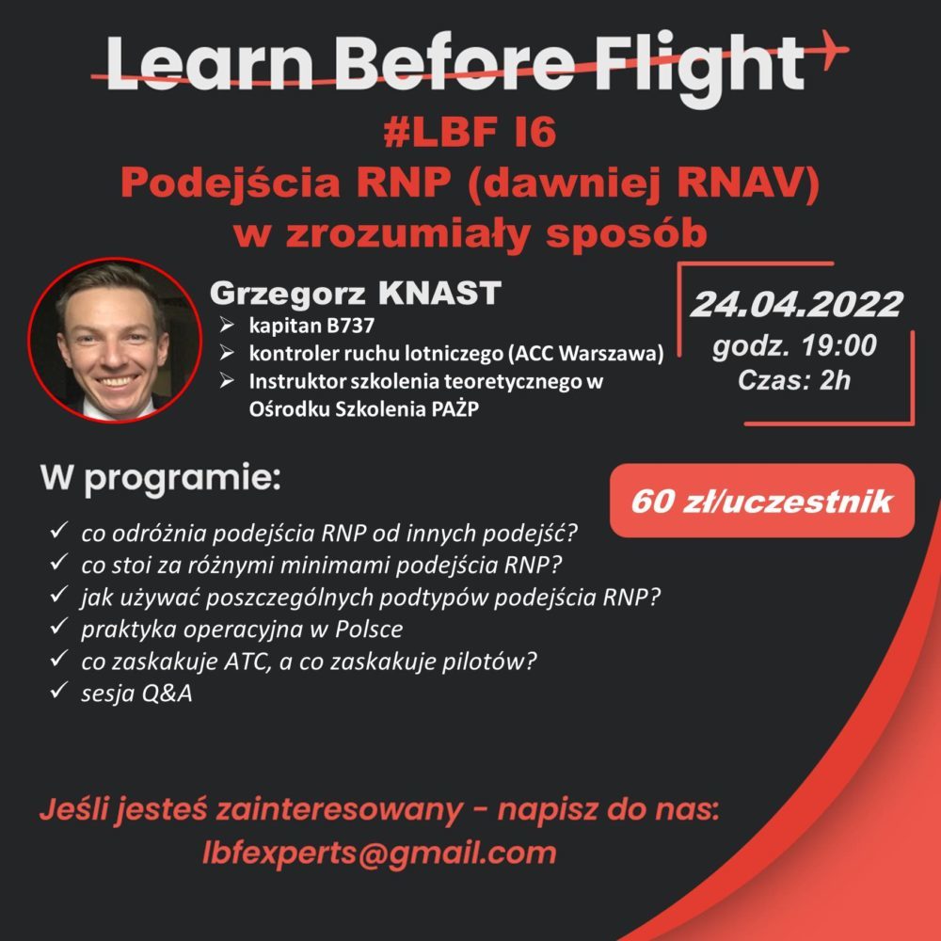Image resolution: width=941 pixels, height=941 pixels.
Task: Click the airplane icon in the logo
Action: (x=831, y=49)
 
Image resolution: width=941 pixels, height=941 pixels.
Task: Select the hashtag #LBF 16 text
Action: (x=470, y=132)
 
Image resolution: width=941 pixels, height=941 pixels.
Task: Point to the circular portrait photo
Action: (x=115, y=341)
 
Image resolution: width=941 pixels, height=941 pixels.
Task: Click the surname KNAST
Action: (x=439, y=293)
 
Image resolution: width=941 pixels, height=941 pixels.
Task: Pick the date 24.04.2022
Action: (x=796, y=304)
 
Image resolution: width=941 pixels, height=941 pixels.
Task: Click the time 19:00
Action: (x=839, y=345)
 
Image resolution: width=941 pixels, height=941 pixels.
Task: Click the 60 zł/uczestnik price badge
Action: (x=762, y=501)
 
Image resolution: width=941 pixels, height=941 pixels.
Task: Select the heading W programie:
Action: (x=161, y=478)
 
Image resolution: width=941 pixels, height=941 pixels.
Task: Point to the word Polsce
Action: (x=369, y=629)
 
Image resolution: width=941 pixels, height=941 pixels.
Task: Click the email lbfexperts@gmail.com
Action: (x=379, y=853)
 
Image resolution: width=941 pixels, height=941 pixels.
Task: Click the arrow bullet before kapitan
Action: (x=227, y=325)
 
